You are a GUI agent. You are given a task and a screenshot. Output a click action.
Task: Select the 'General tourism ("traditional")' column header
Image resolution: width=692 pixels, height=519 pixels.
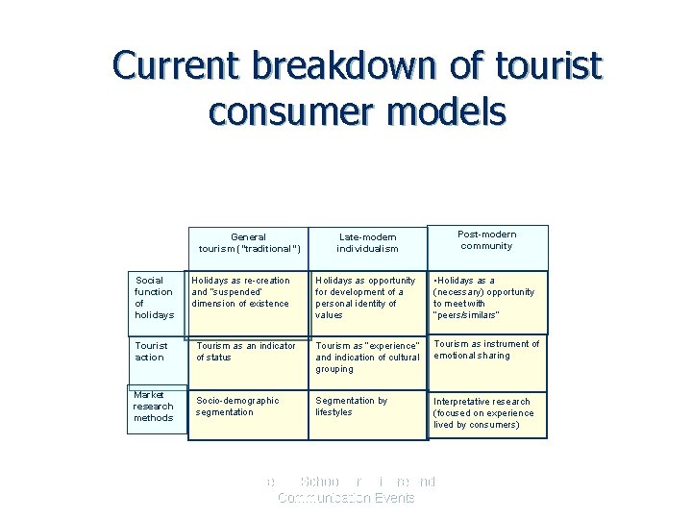(x=249, y=243)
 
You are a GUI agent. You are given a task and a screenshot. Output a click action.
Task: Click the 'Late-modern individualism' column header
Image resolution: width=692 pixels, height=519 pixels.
(x=367, y=242)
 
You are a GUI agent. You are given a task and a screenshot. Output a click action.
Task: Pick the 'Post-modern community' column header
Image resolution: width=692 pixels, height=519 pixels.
(x=486, y=240)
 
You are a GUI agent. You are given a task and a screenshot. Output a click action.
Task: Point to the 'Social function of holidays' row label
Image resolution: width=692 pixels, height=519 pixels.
(x=154, y=298)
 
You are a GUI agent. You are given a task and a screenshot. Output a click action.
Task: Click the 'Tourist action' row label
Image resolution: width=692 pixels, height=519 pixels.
(x=151, y=351)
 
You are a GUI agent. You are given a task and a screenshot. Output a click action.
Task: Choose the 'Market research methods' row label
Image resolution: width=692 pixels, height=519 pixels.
(x=154, y=407)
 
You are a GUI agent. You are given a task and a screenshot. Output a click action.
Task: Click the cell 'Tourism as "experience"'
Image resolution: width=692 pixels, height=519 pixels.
(x=367, y=357)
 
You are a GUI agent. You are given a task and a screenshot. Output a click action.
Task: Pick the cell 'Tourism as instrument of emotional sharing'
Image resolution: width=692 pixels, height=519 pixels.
(x=486, y=350)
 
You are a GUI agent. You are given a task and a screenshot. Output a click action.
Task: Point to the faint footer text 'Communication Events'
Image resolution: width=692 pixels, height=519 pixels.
(x=346, y=498)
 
